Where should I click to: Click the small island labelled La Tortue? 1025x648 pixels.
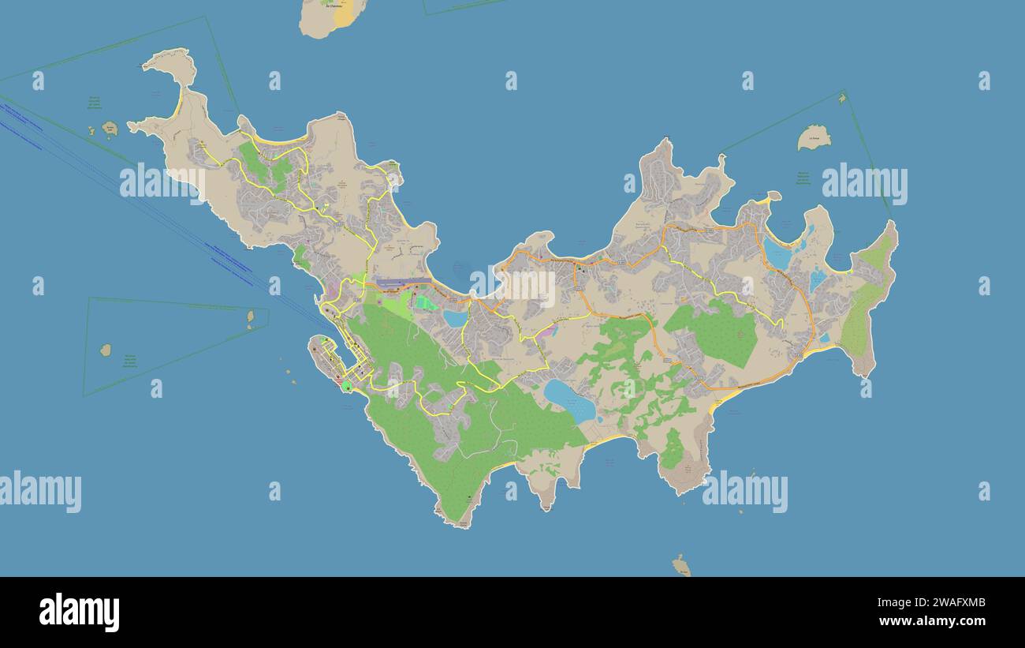click(x=814, y=137)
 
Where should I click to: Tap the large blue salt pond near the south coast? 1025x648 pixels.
click(x=568, y=401)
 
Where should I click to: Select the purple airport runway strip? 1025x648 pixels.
click(x=403, y=283)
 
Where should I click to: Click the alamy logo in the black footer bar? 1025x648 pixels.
click(x=79, y=612)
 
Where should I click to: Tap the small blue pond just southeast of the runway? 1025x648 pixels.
click(x=456, y=318)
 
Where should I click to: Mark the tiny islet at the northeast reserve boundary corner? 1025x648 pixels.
click(x=842, y=98)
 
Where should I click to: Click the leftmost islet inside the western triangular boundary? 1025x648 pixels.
click(x=106, y=350)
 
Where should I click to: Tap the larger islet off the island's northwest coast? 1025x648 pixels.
click(x=110, y=128)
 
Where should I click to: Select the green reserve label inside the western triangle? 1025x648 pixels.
click(x=129, y=361)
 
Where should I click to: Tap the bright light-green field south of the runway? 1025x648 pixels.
click(x=426, y=302)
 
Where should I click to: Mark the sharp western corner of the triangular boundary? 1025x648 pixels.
click(x=84, y=395)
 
